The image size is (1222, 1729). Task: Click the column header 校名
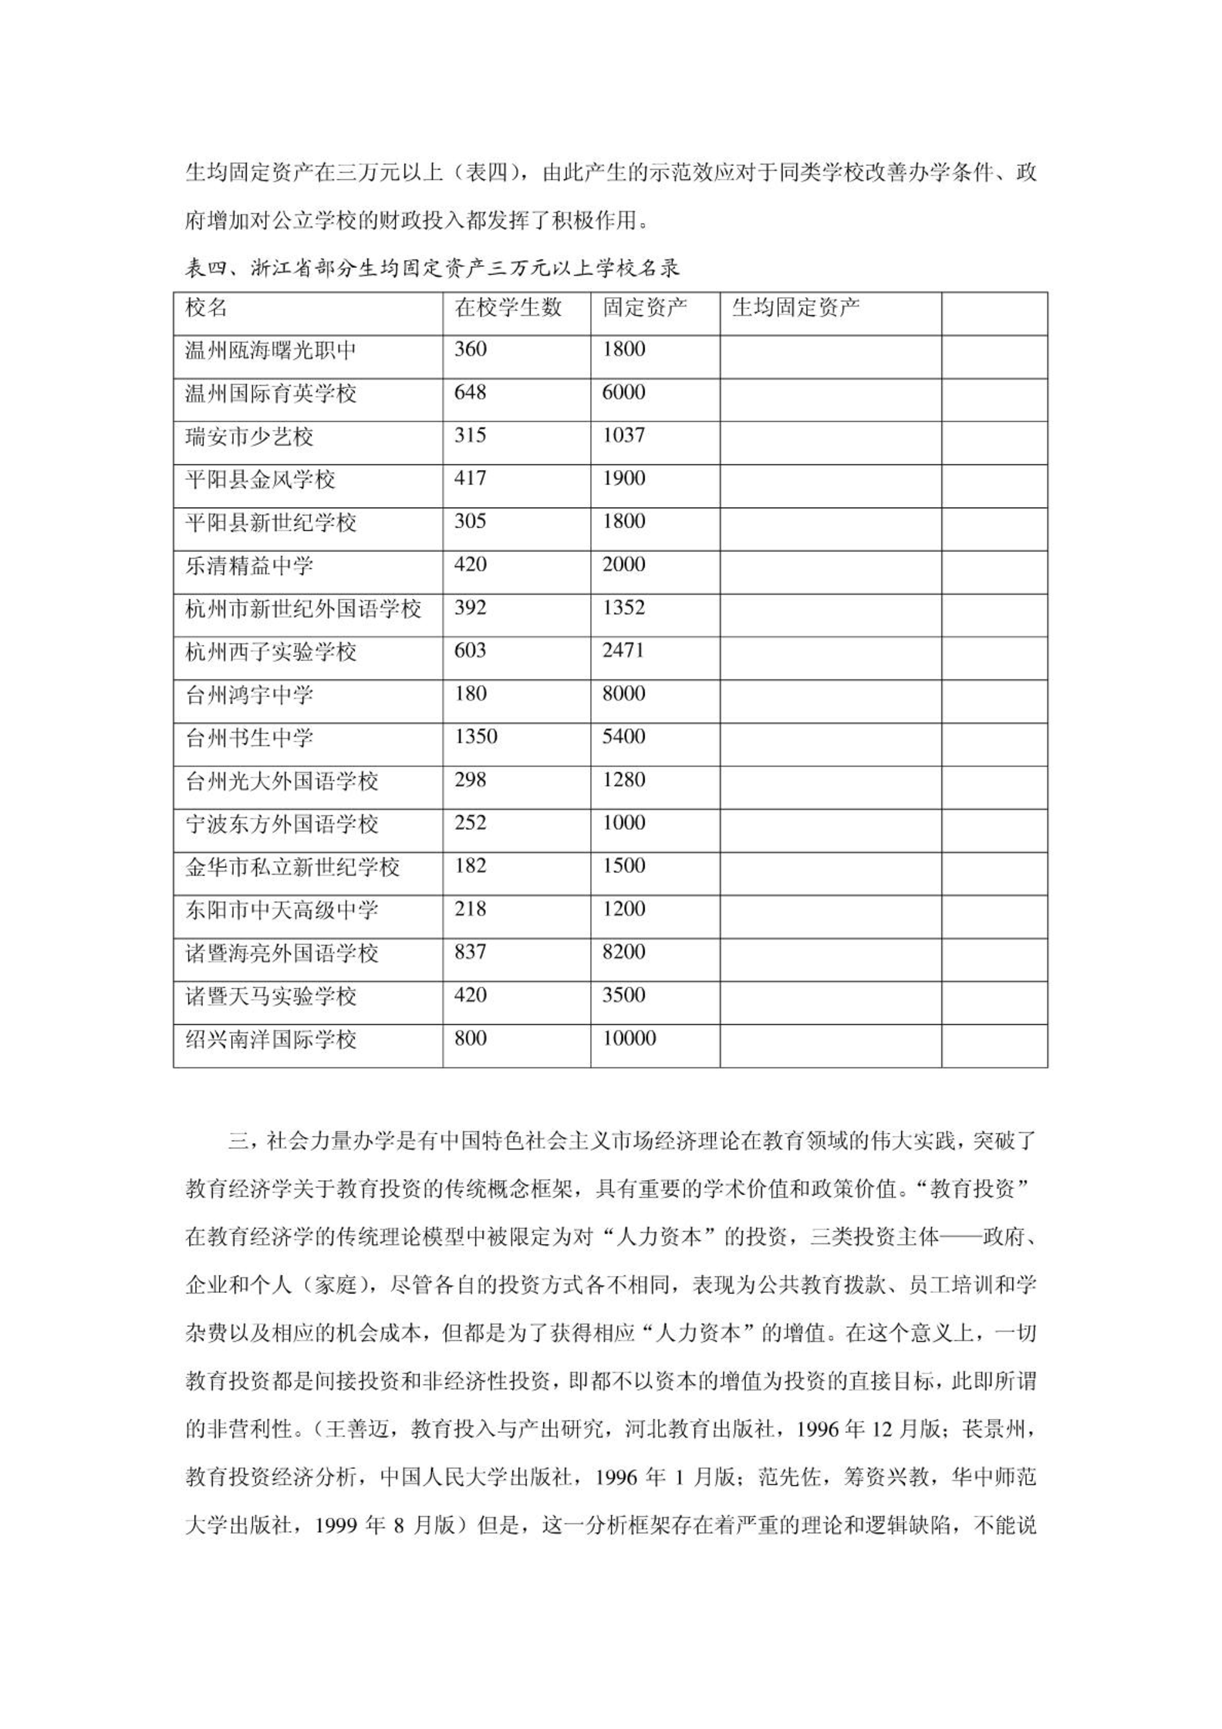[x=206, y=308]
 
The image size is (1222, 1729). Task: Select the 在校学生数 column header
[x=508, y=308]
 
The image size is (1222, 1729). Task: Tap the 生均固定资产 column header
[x=795, y=308]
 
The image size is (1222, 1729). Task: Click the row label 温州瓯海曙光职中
[x=271, y=351]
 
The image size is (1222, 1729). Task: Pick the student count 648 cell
[x=470, y=393]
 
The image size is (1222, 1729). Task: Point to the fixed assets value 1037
[x=623, y=436]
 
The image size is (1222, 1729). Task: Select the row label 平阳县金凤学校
[x=260, y=480]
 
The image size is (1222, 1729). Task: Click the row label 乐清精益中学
[x=249, y=566]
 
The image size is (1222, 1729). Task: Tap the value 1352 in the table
[x=623, y=608]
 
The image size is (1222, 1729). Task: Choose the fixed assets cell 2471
[x=623, y=651]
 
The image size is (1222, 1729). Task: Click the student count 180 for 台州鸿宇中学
[x=470, y=694]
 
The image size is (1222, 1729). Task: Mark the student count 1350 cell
[x=475, y=737]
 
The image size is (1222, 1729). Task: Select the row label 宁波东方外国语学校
[x=282, y=824]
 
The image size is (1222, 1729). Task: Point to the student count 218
[x=470, y=909]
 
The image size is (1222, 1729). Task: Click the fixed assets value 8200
[x=623, y=952]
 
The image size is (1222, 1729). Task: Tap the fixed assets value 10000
[x=629, y=1039]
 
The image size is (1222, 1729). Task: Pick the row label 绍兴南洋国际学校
[x=271, y=1040]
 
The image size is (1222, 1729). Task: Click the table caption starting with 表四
[x=432, y=269]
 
